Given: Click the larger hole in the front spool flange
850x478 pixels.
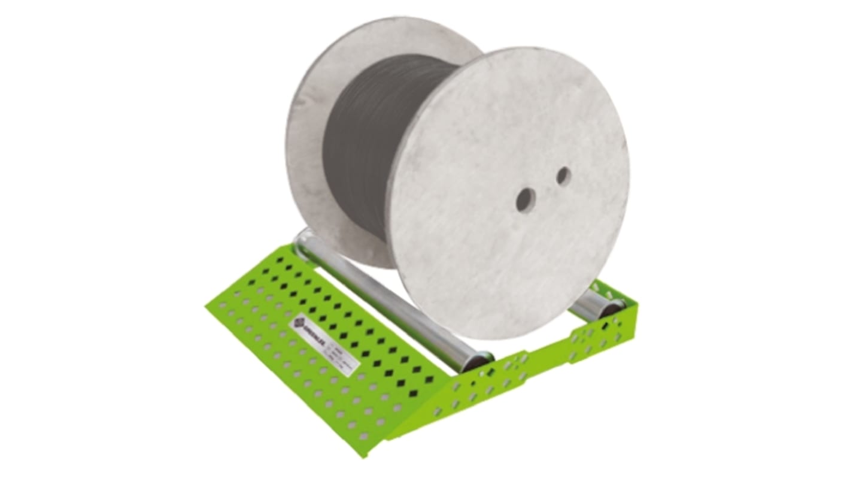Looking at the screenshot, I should tap(525, 199).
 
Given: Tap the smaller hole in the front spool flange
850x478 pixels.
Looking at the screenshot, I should tap(563, 176).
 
